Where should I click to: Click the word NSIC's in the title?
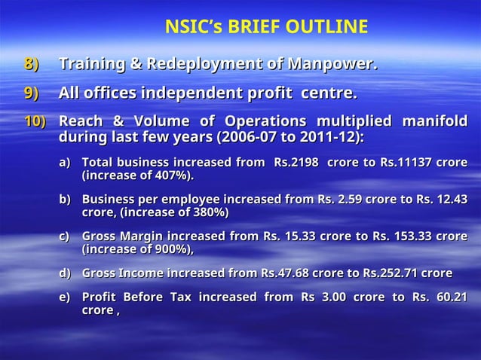pos(191,28)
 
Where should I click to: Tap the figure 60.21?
pos(450,297)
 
